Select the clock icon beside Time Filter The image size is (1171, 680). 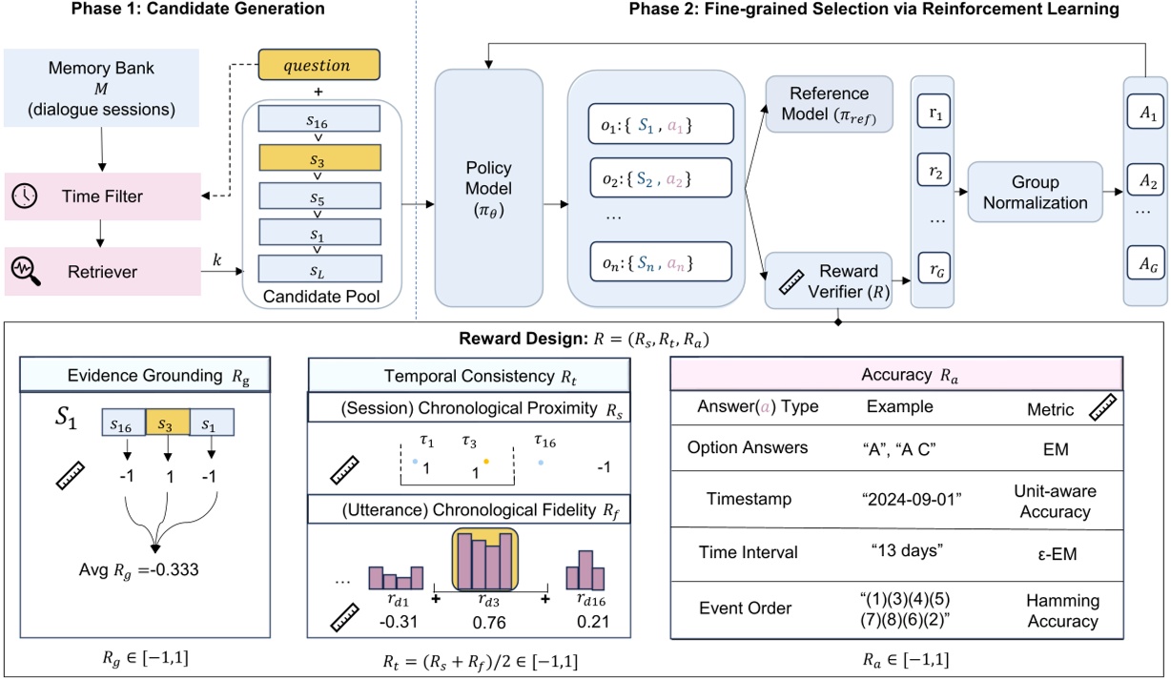click(23, 196)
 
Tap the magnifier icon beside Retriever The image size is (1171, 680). click(23, 272)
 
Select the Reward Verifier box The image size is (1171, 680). click(829, 280)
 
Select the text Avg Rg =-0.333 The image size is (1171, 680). click(145, 571)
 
